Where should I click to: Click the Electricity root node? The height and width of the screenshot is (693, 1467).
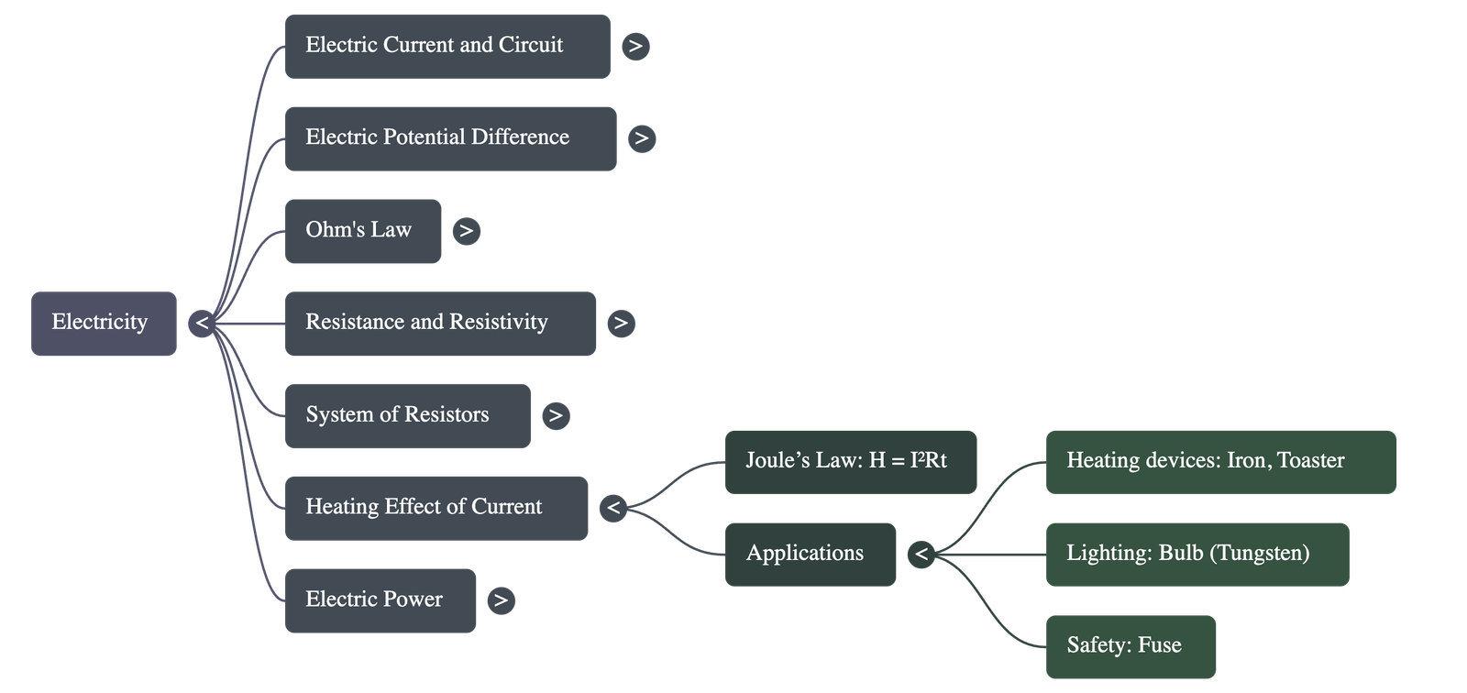(103, 323)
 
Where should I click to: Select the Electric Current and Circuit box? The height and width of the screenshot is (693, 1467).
(447, 46)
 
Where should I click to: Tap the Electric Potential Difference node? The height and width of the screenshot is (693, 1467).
(450, 137)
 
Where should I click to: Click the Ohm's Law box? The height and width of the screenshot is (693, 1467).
(362, 230)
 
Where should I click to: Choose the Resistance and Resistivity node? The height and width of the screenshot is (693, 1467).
(440, 323)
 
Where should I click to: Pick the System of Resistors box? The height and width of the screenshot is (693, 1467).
(407, 415)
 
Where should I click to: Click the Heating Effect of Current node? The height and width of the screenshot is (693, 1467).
(436, 507)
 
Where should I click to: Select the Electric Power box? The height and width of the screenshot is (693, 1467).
(380, 599)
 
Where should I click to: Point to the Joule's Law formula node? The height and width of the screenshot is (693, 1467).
(850, 461)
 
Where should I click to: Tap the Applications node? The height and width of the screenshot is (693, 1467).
(810, 554)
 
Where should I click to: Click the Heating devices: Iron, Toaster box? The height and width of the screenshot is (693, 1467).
(1220, 461)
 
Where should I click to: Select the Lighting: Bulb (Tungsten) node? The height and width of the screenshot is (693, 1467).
(1197, 554)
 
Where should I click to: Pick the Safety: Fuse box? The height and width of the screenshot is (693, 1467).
(1131, 646)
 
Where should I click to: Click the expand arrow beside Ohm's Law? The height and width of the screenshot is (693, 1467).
(466, 230)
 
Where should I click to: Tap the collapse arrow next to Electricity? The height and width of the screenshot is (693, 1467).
(202, 323)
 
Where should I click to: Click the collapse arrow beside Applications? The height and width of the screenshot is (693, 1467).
(921, 554)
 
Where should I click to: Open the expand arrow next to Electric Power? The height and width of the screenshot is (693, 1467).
(501, 600)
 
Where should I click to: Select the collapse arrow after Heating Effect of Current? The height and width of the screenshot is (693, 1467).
(612, 507)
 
